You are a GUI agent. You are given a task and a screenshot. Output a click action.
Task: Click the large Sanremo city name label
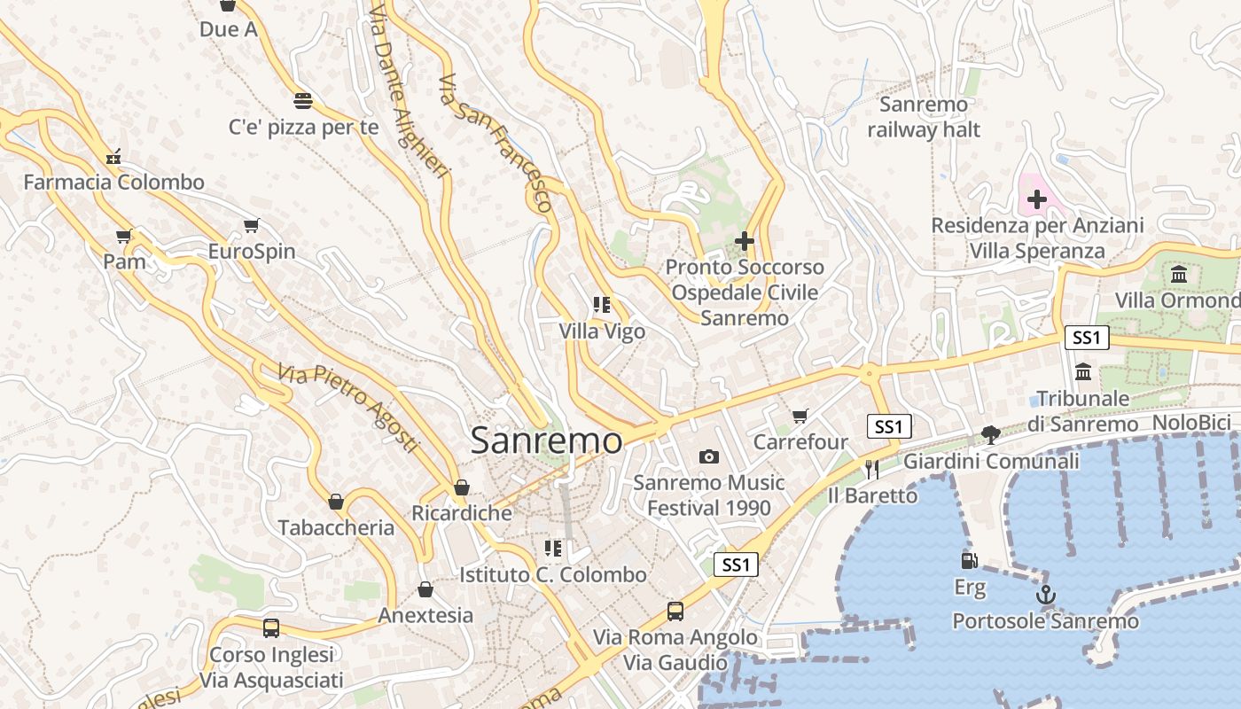coord(546,440)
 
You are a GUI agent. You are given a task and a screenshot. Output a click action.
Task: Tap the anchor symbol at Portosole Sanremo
coord(1045,595)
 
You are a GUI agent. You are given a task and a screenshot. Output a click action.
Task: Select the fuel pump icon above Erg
coord(970,560)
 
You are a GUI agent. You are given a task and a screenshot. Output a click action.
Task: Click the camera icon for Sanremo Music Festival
coord(708,456)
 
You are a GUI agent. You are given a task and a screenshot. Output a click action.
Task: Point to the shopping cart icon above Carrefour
coord(800,415)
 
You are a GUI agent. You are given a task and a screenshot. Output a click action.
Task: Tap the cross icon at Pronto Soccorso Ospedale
coord(745,240)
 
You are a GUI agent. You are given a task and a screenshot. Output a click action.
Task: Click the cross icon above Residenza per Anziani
coord(1036,199)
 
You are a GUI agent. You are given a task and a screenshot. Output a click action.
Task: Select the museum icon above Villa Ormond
coord(1179,274)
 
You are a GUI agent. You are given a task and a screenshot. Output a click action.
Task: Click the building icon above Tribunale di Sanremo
coord(1082,371)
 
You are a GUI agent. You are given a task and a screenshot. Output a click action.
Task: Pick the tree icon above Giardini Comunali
coord(990,434)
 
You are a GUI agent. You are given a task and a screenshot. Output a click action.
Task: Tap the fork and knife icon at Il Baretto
coord(872,468)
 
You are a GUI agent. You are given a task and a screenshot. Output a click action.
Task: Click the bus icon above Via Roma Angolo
coord(675,611)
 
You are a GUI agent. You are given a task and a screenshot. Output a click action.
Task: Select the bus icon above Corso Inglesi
coord(271,628)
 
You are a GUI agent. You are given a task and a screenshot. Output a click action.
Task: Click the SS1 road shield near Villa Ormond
coord(1086,337)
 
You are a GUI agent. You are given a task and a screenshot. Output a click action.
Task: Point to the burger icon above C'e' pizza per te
coord(303,99)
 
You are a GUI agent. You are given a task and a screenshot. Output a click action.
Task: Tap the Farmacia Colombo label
coord(113,183)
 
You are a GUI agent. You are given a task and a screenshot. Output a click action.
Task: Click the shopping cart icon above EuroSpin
coord(252,225)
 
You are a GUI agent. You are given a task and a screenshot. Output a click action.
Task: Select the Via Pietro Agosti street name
coord(347,407)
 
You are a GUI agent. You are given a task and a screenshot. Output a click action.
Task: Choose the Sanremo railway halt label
coord(924,117)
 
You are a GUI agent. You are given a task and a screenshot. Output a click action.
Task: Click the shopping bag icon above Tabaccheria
coord(336,502)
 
